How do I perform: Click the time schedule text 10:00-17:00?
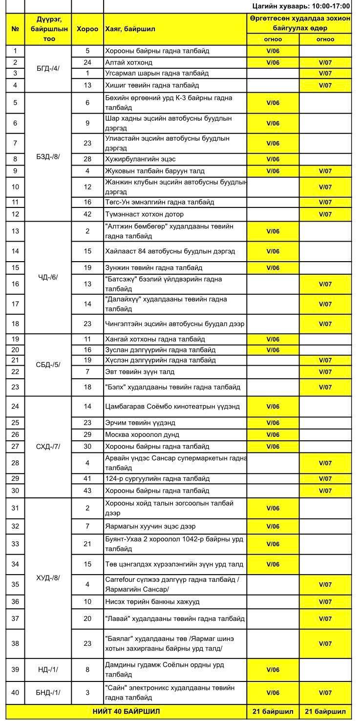pyautogui.click(x=301, y=6)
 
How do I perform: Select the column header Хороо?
pyautogui.click(x=87, y=29)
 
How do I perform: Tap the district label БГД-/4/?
pyautogui.click(x=48, y=68)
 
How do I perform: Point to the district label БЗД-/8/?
pyautogui.click(x=48, y=157)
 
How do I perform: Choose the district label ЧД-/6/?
pyautogui.click(x=48, y=277)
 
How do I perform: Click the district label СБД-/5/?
pyautogui.click(x=48, y=364)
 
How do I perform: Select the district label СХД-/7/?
pyautogui.click(x=48, y=446)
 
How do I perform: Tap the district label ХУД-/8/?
pyautogui.click(x=48, y=577)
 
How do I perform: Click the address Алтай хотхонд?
pyautogui.click(x=129, y=62)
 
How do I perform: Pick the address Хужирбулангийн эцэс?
pyautogui.click(x=140, y=159)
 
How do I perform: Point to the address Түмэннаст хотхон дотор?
pyautogui.click(x=145, y=214)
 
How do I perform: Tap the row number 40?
pyautogui.click(x=15, y=692)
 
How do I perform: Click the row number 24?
pyautogui.click(x=15, y=406)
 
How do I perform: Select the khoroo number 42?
pyautogui.click(x=87, y=214)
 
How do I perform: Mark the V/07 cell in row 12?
pyautogui.click(x=325, y=214)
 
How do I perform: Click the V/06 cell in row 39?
pyautogui.click(x=273, y=670)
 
